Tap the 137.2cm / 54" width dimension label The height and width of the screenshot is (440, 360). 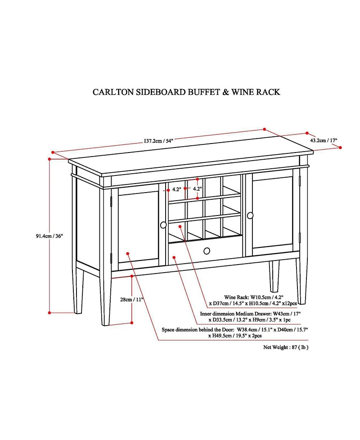coord(158,140)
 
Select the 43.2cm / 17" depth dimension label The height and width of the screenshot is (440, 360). coord(323,140)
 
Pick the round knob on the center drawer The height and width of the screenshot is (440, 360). coord(207,251)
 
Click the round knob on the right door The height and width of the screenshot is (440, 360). coord(250,216)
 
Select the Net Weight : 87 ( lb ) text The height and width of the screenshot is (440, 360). coord(286,347)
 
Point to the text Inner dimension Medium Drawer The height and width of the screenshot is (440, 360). coord(236,314)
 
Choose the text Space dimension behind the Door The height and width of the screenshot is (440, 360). coord(196,330)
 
